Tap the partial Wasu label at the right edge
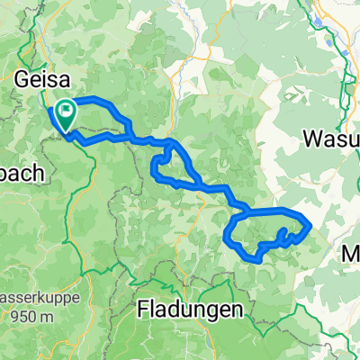click(331, 139)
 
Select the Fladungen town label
click(191, 310)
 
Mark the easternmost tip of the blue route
click(310, 223)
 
